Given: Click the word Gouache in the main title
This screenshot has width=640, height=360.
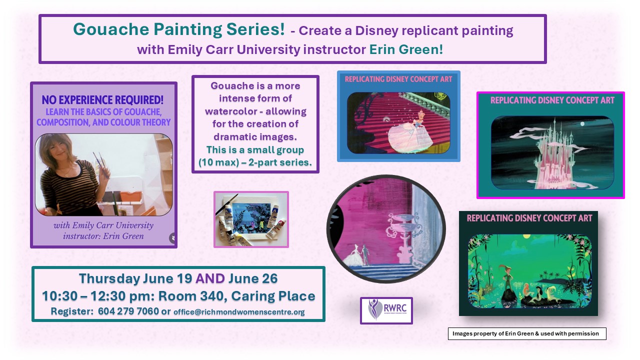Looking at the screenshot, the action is (111, 29).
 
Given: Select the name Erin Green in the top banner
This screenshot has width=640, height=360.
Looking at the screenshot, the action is (406, 49).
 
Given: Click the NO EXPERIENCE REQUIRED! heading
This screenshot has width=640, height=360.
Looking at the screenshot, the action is (102, 100).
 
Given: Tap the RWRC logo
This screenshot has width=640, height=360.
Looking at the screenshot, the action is (386, 310).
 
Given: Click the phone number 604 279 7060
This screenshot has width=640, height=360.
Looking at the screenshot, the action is (128, 311).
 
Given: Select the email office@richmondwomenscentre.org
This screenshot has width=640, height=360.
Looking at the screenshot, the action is (239, 311).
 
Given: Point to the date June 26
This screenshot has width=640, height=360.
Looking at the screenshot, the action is (253, 278).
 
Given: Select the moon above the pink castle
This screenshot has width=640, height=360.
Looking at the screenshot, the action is (582, 123).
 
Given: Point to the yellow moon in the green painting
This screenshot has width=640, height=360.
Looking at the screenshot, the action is (526, 236).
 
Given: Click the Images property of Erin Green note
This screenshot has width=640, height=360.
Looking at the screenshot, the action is (527, 333).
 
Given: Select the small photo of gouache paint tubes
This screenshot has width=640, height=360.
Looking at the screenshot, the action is (251, 219).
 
